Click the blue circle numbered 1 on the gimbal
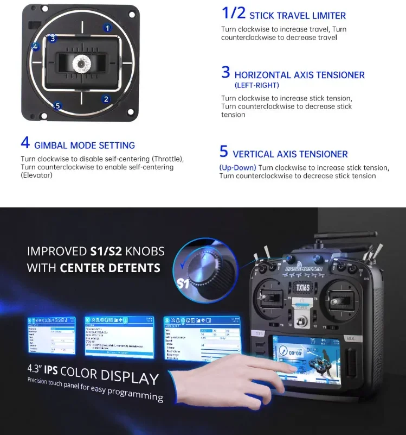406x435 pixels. tap(107, 27)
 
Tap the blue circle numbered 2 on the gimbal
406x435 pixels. tap(106, 99)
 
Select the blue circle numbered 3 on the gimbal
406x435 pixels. tap(52, 39)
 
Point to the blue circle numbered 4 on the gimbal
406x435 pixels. tap(35, 47)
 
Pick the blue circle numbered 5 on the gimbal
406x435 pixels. tap(58, 106)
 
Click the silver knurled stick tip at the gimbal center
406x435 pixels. tap(81, 64)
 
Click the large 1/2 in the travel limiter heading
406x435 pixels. tap(233, 14)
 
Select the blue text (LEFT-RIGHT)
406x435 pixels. tap(257, 85)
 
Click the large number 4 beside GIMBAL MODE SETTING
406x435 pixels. tap(25, 143)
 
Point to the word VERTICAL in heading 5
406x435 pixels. tap(255, 154)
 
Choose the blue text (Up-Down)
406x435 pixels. tap(237, 168)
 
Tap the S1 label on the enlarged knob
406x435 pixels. tap(184, 283)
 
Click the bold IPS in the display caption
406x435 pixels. tap(52, 370)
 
